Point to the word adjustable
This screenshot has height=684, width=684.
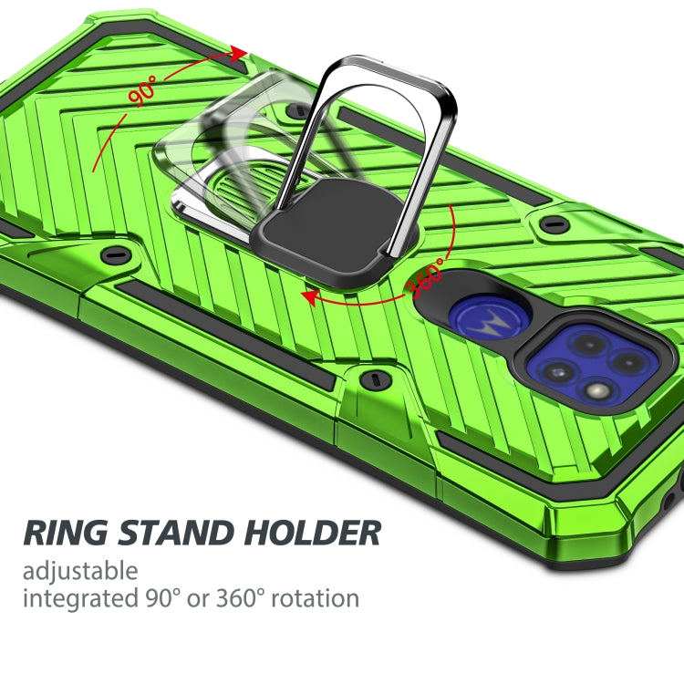point(80,572)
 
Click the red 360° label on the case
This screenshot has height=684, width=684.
point(427,276)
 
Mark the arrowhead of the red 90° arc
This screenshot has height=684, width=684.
point(240,53)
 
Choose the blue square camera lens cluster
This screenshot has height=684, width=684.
point(593,365)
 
